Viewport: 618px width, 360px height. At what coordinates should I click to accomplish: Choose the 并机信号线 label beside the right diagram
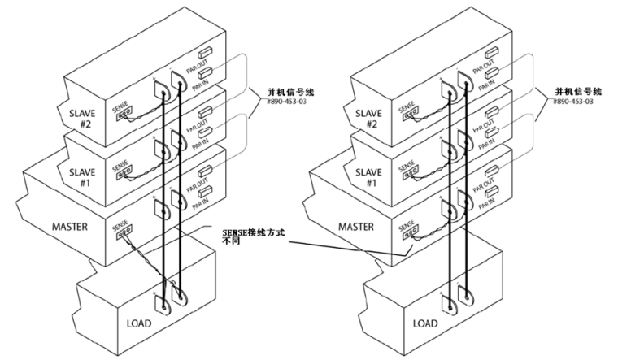coord(573,92)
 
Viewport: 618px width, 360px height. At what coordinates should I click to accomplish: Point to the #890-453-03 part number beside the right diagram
coord(573,102)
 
